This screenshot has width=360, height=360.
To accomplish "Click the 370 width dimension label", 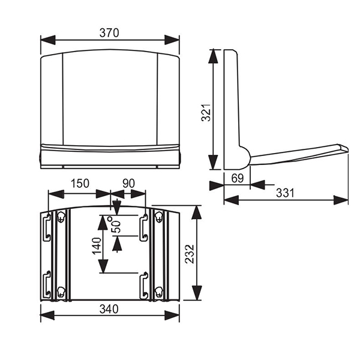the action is coord(109,33).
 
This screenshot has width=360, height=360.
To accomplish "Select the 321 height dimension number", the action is coord(206,112).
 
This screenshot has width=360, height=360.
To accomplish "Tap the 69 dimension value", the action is coord(237,178).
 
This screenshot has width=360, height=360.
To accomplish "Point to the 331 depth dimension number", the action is coord(285,193).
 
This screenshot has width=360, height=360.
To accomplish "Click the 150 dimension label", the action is coord(80,184).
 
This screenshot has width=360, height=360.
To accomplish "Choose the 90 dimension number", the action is coord(128,184).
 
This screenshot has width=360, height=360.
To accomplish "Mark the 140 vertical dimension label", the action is coord(97,246).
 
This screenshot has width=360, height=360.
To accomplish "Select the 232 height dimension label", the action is coord(190,254).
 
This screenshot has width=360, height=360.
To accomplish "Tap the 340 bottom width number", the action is coord(109,309).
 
